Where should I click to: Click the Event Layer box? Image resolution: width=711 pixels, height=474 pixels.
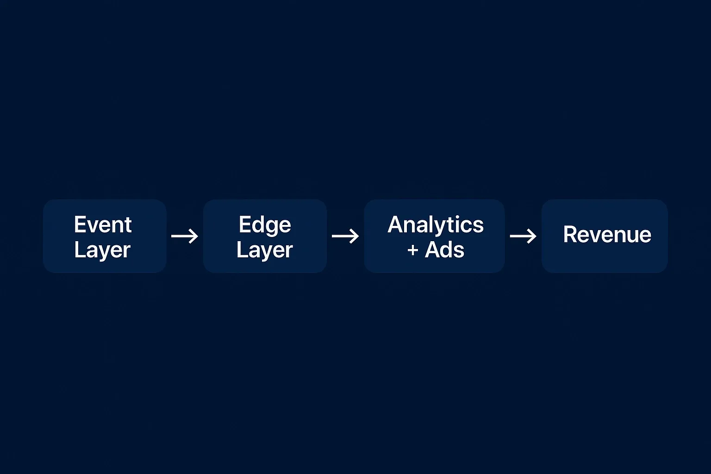click(x=105, y=236)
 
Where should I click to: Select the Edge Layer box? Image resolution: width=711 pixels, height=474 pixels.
click(x=265, y=236)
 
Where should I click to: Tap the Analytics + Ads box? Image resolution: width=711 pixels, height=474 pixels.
click(x=434, y=236)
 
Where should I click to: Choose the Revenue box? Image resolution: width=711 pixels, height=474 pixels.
click(x=605, y=236)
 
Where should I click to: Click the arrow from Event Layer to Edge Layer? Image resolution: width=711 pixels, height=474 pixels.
click(x=185, y=237)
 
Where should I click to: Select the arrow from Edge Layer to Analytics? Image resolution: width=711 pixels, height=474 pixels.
click(x=345, y=237)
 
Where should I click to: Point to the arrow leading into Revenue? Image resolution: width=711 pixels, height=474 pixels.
click(x=523, y=237)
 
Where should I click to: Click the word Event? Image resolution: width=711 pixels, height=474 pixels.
click(x=103, y=225)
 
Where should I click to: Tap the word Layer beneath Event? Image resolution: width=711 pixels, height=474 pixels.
click(x=102, y=250)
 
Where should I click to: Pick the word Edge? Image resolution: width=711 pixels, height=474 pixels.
click(x=265, y=225)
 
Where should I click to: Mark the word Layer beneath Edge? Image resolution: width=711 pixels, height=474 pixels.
click(x=264, y=250)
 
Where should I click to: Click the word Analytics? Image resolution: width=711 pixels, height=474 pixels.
click(x=436, y=225)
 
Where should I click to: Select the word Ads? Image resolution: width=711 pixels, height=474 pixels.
click(x=444, y=250)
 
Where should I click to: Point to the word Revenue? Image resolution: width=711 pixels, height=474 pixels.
click(x=607, y=234)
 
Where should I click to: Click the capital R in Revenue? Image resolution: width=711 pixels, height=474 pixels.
click(x=570, y=234)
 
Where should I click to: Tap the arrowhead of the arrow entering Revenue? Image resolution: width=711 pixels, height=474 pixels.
click(x=533, y=237)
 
